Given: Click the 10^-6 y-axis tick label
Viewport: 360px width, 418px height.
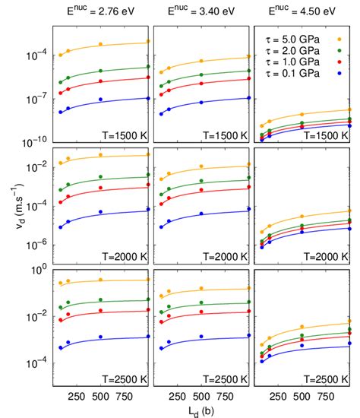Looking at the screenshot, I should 36,242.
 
